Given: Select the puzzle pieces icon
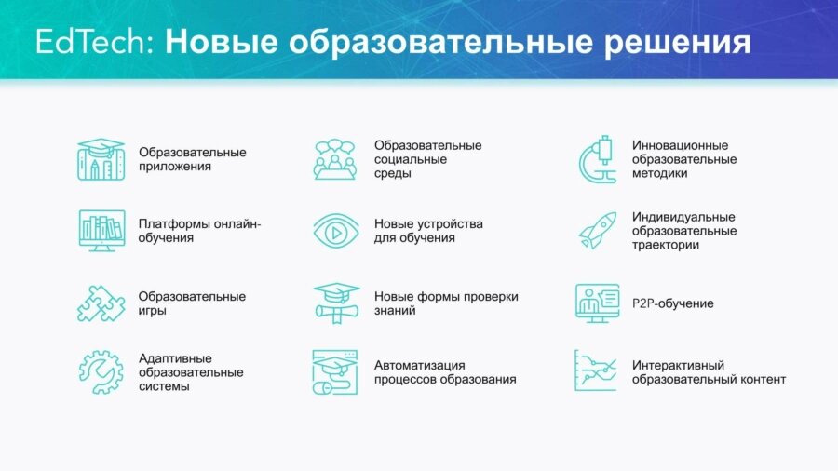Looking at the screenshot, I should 101,303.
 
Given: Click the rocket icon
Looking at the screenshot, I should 596,231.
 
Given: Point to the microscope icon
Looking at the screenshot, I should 597,159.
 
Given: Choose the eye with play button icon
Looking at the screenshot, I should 335,231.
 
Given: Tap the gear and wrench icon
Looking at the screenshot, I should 101,371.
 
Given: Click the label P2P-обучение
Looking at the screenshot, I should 672,303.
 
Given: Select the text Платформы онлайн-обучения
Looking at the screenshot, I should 199,231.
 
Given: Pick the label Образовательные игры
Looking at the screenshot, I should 192,303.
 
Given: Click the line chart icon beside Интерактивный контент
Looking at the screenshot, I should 596,371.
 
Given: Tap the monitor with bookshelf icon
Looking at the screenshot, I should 101,231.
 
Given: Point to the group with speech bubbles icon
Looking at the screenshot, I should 335,159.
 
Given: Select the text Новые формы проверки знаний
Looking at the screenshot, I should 446,303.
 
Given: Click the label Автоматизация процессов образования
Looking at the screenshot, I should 445,371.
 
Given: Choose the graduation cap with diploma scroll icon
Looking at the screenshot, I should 335,303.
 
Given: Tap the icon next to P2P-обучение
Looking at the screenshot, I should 596,303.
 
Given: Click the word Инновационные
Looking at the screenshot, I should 680,145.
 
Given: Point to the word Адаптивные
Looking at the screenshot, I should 175,358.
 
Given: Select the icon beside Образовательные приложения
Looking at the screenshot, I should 101,159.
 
